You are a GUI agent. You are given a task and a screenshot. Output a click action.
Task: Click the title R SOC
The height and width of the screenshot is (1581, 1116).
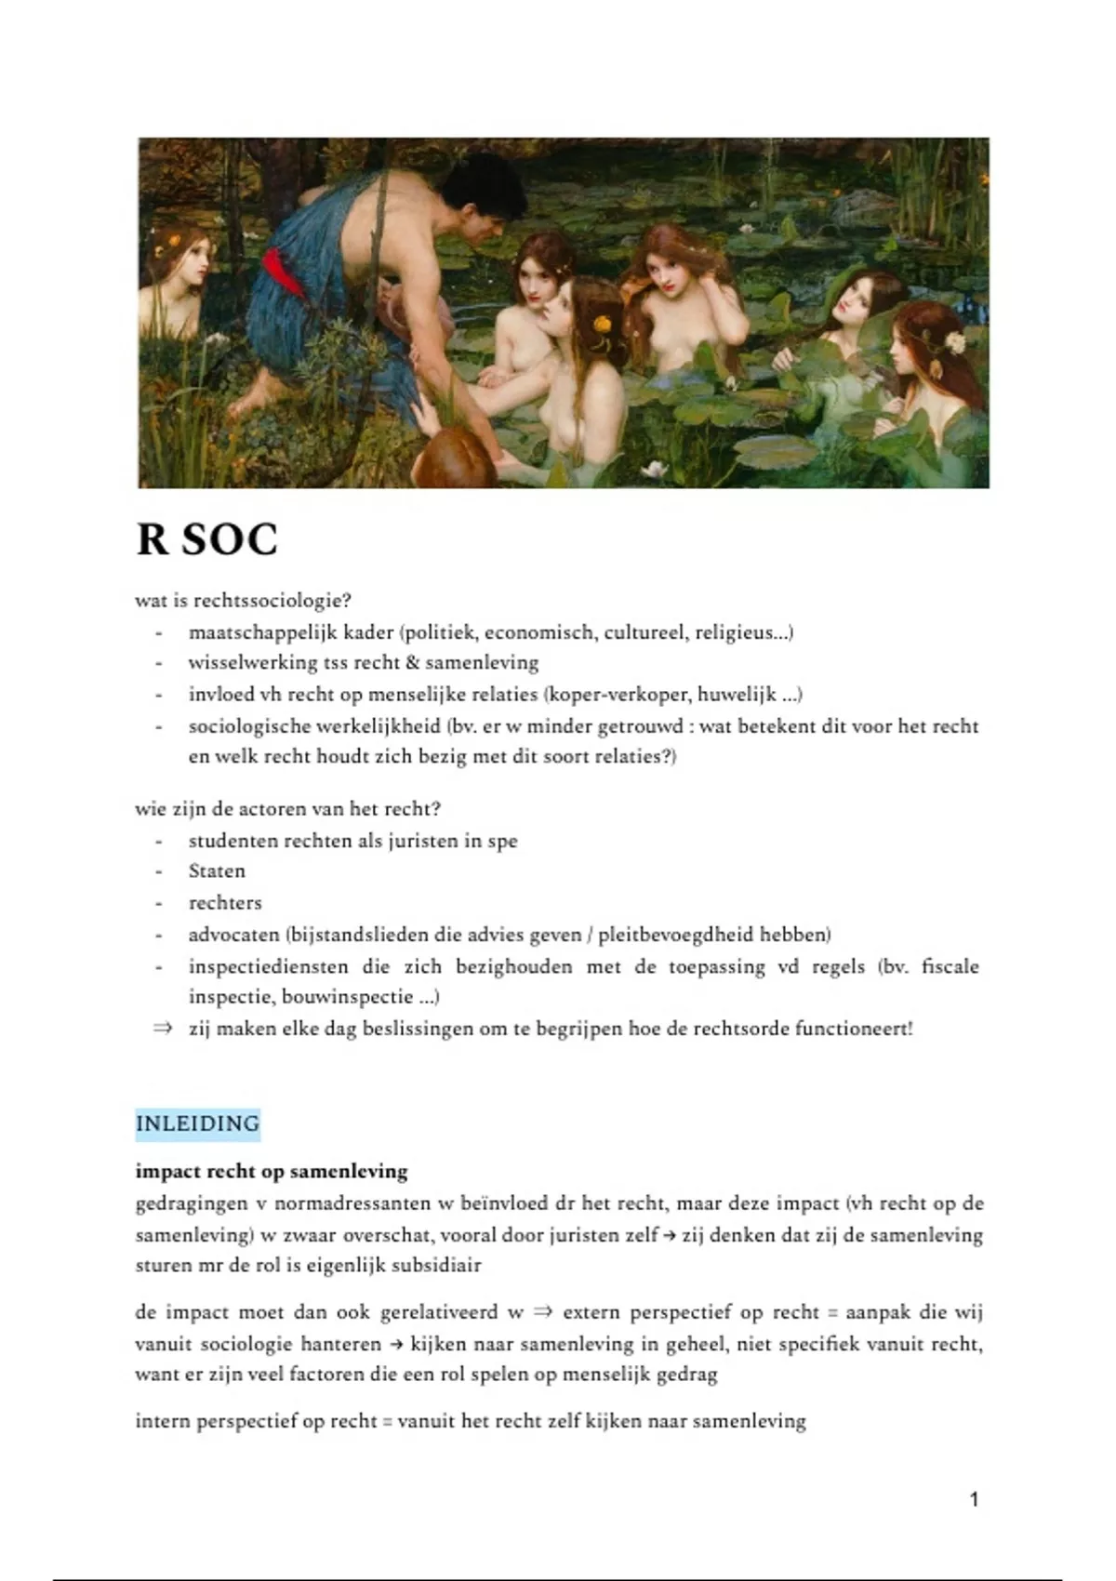coord(206,540)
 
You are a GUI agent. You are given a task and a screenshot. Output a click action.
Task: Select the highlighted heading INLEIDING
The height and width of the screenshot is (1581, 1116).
coord(197,1123)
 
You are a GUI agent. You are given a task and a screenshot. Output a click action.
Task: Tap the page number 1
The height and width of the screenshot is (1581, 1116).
coord(974,1499)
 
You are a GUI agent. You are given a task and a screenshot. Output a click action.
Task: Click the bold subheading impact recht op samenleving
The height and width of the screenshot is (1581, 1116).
coord(272,1171)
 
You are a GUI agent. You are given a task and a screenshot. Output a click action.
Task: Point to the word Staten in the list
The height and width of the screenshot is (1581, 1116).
coord(217,871)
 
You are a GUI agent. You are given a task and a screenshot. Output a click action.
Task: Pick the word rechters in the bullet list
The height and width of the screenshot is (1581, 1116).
coord(225,903)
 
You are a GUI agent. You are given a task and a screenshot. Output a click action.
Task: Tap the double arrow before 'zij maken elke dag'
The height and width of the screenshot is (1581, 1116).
coord(163,1029)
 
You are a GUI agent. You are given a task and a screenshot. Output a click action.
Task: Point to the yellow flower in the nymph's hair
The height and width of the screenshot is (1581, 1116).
coord(602,325)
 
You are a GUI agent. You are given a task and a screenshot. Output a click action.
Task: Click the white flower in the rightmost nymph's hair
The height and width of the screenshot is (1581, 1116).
coord(955,342)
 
